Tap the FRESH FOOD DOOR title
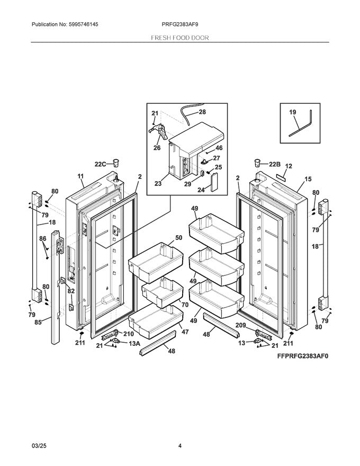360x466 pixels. click(180, 38)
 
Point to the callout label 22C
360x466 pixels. click(101, 164)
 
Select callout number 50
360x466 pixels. click(178, 238)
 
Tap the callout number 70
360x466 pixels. click(185, 305)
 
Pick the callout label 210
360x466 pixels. click(128, 334)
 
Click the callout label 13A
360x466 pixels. click(134, 343)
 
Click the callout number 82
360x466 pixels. click(71, 291)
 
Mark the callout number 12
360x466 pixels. click(288, 166)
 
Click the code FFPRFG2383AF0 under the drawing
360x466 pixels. click(302, 356)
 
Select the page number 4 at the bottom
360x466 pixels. click(180, 446)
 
